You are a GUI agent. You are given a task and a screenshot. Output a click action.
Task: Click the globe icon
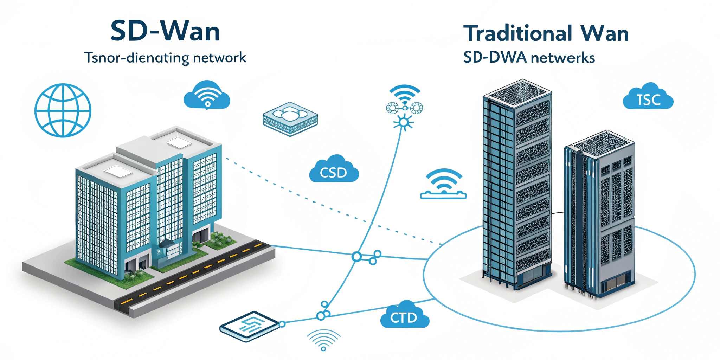(x=63, y=110)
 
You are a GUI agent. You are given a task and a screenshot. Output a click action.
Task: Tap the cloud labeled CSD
(x=334, y=171)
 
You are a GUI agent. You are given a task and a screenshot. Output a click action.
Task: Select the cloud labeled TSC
(x=648, y=98)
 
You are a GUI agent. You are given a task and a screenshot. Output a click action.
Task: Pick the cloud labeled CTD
(x=404, y=315)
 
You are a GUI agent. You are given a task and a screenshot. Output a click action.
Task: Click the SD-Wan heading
(x=165, y=31)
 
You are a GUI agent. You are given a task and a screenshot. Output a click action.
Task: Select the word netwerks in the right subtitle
(x=562, y=57)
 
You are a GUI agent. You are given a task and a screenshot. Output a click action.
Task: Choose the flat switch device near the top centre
(x=290, y=119)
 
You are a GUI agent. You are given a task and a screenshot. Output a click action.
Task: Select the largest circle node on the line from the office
(x=356, y=257)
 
